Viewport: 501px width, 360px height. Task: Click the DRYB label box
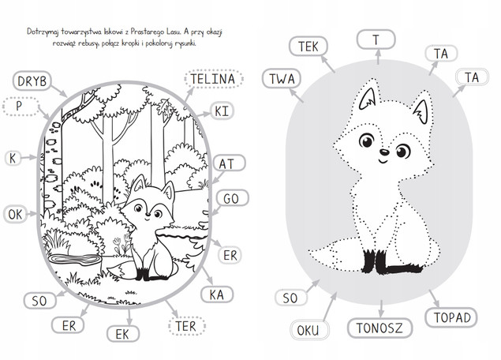point(32,81)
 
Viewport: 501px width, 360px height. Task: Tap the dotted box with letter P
point(21,106)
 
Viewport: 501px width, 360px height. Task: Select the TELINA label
point(214,79)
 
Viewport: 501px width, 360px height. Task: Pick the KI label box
point(222,111)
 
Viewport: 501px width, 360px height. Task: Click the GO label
point(232,198)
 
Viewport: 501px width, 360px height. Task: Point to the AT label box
point(228,163)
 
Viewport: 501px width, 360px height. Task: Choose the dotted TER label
point(187,326)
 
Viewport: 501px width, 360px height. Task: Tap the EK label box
point(123,334)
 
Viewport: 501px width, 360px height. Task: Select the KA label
point(217,294)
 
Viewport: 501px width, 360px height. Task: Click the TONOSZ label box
point(379,328)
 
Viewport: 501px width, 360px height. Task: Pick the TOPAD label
point(451,317)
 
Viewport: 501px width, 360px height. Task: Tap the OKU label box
point(309,330)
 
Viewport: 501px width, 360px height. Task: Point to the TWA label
point(282,79)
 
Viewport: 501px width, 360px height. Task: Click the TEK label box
point(308,46)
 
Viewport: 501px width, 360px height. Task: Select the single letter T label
point(376,39)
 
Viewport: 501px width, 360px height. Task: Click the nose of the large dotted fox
point(384,152)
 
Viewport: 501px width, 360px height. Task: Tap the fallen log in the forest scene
point(75,259)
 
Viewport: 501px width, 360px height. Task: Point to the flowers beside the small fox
point(122,245)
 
